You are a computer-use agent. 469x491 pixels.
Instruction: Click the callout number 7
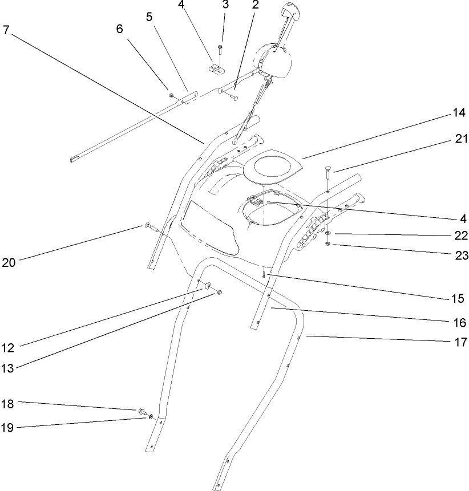coord(6,30)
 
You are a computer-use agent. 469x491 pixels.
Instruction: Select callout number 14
coord(459,113)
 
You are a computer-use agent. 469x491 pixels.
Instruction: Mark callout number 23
coord(459,256)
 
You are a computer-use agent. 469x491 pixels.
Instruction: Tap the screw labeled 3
coord(221,50)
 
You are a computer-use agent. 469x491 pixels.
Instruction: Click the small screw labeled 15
coord(265,275)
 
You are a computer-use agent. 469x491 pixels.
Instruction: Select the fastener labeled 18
coord(140,411)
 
